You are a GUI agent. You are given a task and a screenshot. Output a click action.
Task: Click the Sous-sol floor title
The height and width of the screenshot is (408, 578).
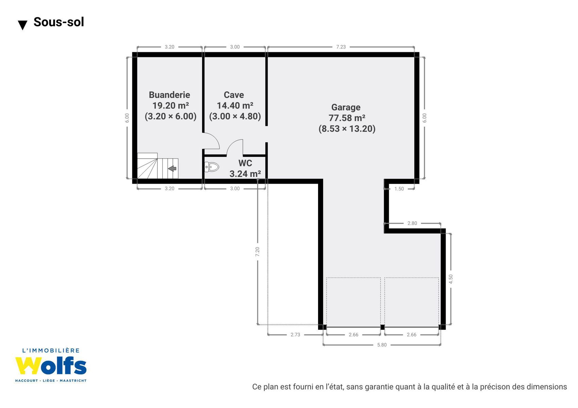(59, 22)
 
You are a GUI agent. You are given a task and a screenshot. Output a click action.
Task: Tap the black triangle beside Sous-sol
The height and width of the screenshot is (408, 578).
(22, 25)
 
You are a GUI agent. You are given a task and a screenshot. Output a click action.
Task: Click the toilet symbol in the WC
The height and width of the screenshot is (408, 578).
(212, 167)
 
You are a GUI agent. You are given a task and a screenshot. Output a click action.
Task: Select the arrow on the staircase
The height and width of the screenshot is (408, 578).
(172, 168)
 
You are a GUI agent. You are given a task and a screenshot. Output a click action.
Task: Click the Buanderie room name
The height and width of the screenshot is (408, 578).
(169, 95)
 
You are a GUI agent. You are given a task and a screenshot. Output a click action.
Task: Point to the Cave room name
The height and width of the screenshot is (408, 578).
(234, 95)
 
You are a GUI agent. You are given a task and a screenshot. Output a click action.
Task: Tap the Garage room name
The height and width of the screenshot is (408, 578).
(346, 107)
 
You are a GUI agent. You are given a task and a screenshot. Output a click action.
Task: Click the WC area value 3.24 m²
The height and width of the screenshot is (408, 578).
(245, 174)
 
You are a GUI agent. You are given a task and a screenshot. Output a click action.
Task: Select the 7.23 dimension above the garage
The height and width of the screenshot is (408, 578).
(341, 47)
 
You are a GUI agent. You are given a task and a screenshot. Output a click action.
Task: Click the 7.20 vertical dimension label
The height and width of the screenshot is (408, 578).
(257, 252)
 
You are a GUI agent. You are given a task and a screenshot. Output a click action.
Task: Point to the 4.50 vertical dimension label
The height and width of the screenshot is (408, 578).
(450, 279)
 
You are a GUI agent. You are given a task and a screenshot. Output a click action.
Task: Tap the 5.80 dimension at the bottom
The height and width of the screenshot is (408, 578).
(382, 345)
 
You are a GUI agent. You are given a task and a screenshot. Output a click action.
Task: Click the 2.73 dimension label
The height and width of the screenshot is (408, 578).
(295, 335)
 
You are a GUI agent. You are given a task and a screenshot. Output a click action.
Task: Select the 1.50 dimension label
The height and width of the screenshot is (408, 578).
(399, 189)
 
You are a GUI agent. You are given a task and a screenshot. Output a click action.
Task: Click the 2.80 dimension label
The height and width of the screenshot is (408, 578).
(412, 223)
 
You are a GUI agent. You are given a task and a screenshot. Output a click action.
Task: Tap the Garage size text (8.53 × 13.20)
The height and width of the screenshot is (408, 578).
(347, 129)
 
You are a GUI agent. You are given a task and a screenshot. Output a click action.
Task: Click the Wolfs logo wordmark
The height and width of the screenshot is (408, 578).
(51, 366)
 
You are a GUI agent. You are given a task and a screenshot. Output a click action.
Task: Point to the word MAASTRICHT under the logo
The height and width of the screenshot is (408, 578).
(73, 381)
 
